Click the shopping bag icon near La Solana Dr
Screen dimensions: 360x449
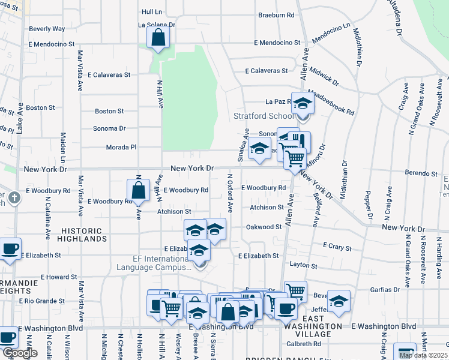click(158, 38)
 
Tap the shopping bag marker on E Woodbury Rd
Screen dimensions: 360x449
click(138, 190)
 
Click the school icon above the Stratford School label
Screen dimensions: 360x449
click(303, 103)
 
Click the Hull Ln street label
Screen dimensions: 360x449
click(152, 11)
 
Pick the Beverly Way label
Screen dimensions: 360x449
click(47, 28)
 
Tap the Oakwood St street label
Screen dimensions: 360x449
click(264, 227)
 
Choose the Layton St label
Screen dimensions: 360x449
click(303, 265)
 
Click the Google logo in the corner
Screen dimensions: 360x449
click(20, 353)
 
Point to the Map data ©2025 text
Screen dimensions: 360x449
click(423, 355)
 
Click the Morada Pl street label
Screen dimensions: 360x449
click(123, 146)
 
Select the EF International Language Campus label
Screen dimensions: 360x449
click(162, 263)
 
